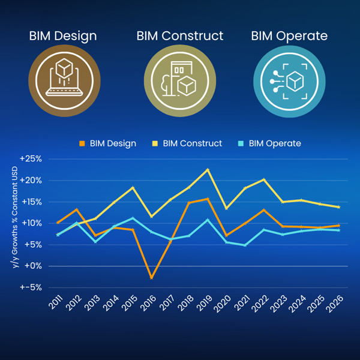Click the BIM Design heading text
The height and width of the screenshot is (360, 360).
click(x=63, y=36)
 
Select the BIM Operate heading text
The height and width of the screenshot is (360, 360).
click(x=289, y=36)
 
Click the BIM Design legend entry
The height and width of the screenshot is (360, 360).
click(x=108, y=143)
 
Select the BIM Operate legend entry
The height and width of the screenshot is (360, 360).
click(x=271, y=143)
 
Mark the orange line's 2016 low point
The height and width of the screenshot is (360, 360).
click(x=152, y=278)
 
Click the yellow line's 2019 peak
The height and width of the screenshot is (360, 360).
click(x=208, y=169)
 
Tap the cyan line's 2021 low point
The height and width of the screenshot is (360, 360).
click(x=245, y=245)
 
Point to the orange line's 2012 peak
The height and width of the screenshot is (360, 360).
click(x=77, y=209)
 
